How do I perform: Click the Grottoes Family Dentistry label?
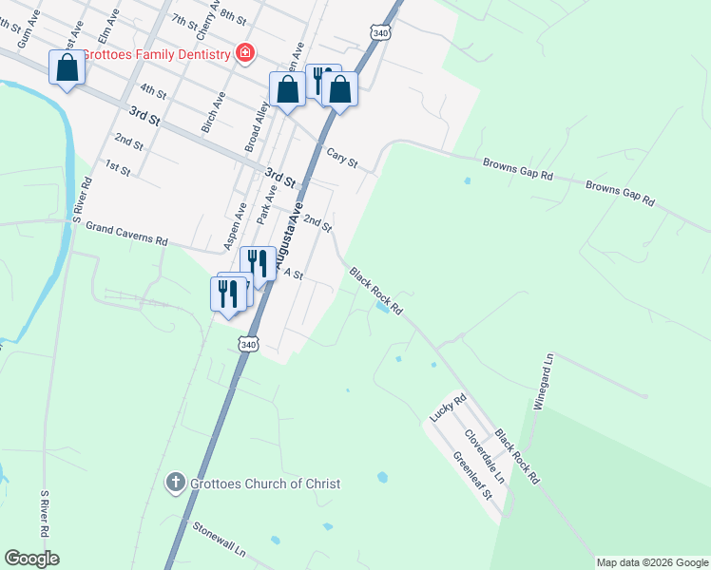point(157,54)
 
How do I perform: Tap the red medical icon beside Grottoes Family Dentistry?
point(245,52)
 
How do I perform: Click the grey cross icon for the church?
point(175,484)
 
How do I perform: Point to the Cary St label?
point(341,158)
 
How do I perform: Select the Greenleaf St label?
point(471,475)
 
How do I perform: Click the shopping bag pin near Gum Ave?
point(67,69)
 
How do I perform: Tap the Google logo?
point(31,559)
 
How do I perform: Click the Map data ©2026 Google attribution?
point(652,562)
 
